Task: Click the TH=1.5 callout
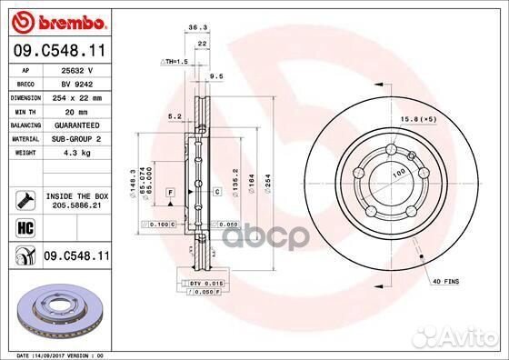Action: (175, 61)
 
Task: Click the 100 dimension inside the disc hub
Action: (395, 170)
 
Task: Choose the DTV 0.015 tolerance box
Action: (207, 284)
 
